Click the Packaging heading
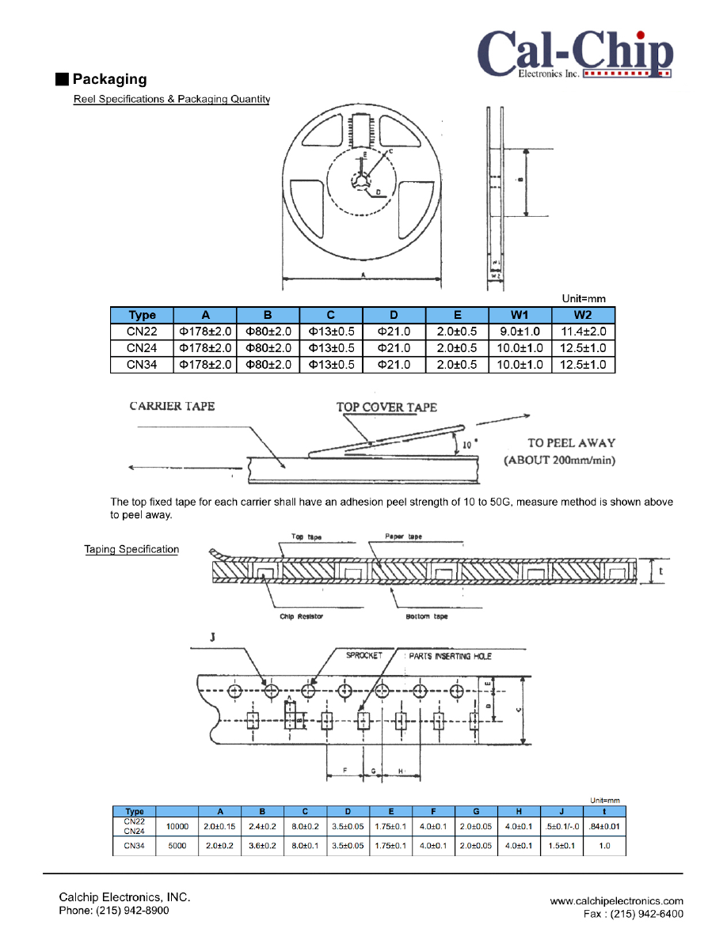point(109,79)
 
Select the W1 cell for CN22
point(520,332)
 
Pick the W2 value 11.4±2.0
point(583,332)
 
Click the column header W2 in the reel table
point(583,315)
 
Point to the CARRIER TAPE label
point(172,407)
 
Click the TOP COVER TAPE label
point(386,407)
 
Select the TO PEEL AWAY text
point(571,443)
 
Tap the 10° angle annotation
point(468,445)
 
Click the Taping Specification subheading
point(131,550)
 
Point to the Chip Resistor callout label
point(302,616)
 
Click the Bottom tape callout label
point(427,616)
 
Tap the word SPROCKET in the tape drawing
point(364,656)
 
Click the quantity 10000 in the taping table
point(176,827)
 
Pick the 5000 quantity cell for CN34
point(176,846)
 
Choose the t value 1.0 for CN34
point(604,846)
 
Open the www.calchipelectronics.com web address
point(616,900)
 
